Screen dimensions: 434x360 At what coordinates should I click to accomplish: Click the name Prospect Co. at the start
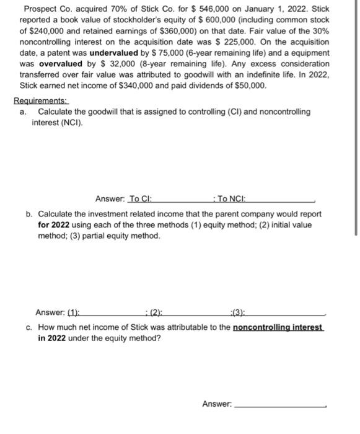tap(47, 9)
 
